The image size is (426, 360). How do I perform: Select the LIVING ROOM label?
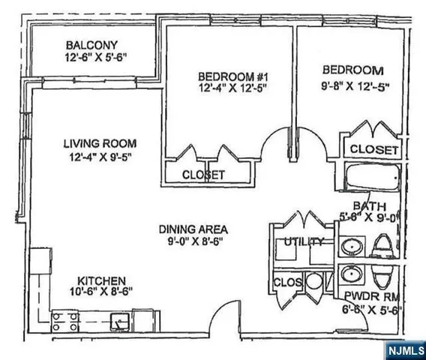(x=94, y=143)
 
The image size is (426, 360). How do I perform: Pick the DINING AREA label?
(x=193, y=229)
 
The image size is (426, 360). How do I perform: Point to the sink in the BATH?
(x=350, y=246)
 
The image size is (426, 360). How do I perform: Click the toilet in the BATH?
(x=383, y=244)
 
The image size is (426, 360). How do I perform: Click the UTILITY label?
(x=303, y=242)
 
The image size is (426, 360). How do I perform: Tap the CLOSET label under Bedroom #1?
(x=204, y=175)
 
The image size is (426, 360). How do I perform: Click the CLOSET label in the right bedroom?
(x=374, y=149)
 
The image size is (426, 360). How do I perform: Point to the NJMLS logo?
(x=406, y=349)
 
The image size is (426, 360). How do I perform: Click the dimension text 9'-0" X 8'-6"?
(x=193, y=242)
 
